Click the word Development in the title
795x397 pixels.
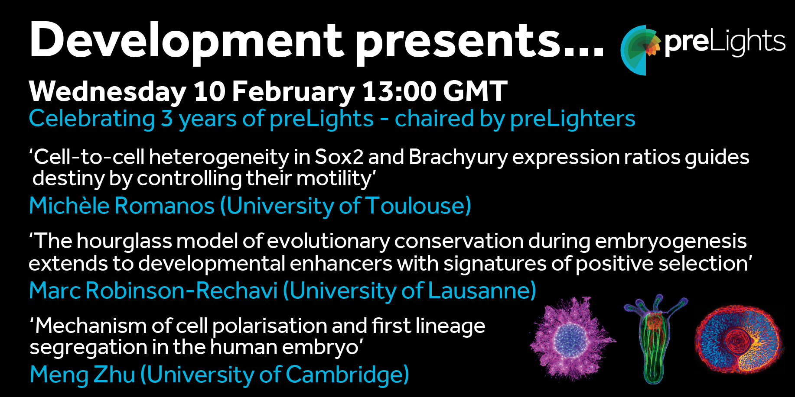186,42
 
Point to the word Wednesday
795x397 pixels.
108,91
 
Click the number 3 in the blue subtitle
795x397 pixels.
167,119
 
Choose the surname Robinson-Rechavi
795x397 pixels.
182,290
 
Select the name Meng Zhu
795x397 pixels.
82,374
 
